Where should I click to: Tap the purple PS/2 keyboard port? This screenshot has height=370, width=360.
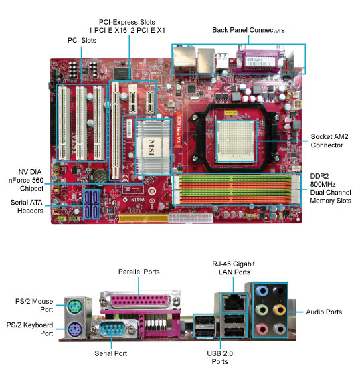pyautogui.click(x=75, y=329)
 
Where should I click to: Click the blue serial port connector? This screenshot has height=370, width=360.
pyautogui.click(x=114, y=329)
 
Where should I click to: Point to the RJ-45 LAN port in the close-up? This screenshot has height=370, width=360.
pyautogui.click(x=234, y=302)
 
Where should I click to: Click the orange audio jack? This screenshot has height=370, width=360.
pyautogui.click(x=279, y=309)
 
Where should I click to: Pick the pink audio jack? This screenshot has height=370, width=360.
pyautogui.click(x=262, y=329)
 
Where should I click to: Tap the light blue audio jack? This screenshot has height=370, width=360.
pyautogui.click(x=262, y=290)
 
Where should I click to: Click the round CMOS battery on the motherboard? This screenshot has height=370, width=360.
pyautogui.click(x=100, y=175)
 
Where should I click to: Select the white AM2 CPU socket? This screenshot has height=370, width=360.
pyautogui.click(x=236, y=141)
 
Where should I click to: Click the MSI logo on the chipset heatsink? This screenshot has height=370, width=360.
pyautogui.click(x=151, y=147)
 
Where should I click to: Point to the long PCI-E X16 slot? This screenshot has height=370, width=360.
pyautogui.click(x=116, y=131)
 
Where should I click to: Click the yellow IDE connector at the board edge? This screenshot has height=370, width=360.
pyautogui.click(x=143, y=219)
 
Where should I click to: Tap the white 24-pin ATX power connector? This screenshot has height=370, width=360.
pyautogui.click(x=191, y=217)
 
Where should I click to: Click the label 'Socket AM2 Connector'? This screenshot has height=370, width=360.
pyautogui.click(x=329, y=141)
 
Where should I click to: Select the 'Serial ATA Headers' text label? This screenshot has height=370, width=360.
pyautogui.click(x=27, y=207)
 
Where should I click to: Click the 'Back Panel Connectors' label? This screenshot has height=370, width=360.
pyautogui.click(x=248, y=30)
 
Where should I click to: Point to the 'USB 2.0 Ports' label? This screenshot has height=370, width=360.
pyautogui.click(x=219, y=357)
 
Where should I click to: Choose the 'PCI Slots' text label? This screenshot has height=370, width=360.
pyautogui.click(x=82, y=40)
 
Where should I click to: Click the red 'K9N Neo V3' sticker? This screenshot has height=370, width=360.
pyautogui.click(x=179, y=129)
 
